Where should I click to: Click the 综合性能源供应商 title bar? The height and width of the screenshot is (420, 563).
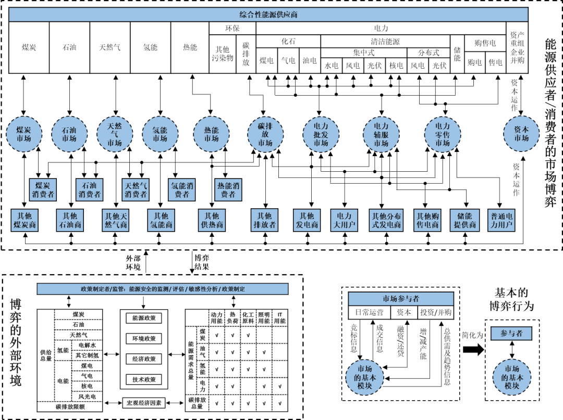click(x=268, y=15)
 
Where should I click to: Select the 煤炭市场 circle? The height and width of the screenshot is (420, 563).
click(x=24, y=134)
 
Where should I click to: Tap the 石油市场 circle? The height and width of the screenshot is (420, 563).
click(x=69, y=134)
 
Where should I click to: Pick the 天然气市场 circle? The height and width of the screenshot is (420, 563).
click(x=115, y=134)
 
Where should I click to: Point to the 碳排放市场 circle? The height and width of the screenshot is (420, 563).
click(x=265, y=135)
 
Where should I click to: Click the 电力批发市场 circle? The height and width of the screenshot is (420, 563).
click(x=321, y=134)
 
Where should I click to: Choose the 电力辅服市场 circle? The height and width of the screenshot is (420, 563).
click(x=381, y=134)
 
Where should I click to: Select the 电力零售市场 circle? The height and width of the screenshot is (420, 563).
click(x=443, y=134)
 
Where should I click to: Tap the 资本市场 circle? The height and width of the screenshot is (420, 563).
click(x=521, y=134)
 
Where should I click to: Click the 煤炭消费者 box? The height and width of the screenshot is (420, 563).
click(x=43, y=190)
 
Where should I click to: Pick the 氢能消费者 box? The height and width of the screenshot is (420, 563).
click(x=182, y=190)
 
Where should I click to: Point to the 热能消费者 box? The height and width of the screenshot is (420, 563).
click(x=228, y=190)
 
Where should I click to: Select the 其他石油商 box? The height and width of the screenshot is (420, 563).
click(x=70, y=220)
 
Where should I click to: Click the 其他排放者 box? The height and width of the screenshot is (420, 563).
click(x=265, y=220)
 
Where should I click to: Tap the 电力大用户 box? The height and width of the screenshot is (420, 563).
click(x=344, y=220)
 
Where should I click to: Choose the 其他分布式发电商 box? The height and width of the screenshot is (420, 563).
click(x=386, y=220)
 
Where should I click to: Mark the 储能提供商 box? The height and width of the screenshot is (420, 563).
click(x=464, y=220)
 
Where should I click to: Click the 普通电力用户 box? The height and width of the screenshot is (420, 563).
click(x=502, y=220)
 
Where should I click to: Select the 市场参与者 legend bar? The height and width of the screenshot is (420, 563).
click(x=401, y=299)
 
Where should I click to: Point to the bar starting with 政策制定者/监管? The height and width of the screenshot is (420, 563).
click(x=163, y=289)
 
